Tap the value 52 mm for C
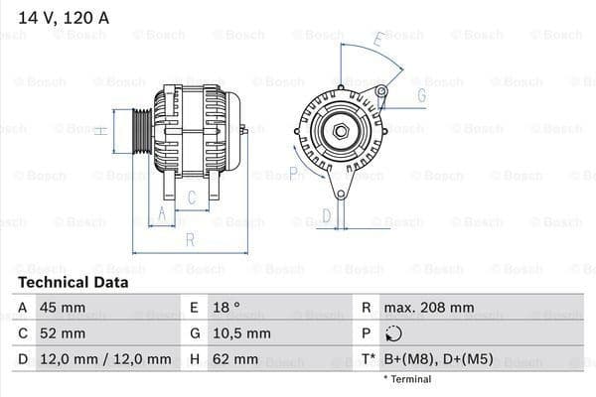(62, 333)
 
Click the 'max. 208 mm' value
(431, 308)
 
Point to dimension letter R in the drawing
(190, 239)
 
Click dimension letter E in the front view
(378, 41)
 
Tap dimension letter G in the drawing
(421, 95)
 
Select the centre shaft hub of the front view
(341, 130)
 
